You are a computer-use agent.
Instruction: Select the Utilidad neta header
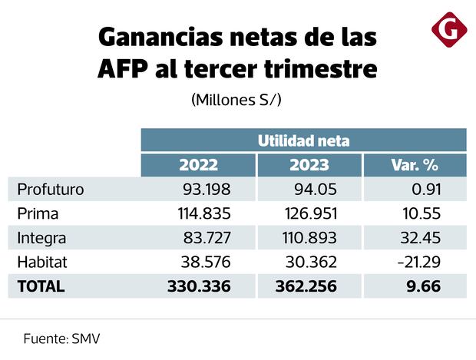click(x=303, y=140)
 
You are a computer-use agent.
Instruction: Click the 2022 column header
click(x=198, y=164)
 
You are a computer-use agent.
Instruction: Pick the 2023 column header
click(x=309, y=164)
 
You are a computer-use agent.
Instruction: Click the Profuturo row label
click(x=51, y=189)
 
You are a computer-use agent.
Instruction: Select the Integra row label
click(x=42, y=237)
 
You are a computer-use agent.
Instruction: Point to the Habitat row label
click(x=42, y=262)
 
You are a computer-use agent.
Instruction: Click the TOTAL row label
click(x=41, y=286)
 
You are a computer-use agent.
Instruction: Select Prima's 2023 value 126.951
click(x=309, y=213)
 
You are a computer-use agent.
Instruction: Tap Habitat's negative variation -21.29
click(x=435, y=262)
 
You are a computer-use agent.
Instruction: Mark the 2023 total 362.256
click(x=306, y=286)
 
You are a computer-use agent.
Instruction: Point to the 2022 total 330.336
click(x=198, y=286)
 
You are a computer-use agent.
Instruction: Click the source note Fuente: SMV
click(x=61, y=338)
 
